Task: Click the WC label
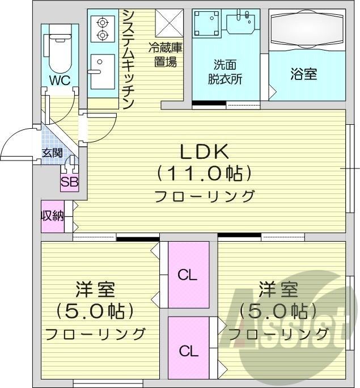[59, 81]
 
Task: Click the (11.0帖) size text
[204, 172]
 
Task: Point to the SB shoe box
[70, 183]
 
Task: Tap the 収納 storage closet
[52, 216]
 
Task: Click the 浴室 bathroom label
[304, 74]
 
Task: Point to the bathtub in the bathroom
[306, 31]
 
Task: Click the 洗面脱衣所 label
[227, 72]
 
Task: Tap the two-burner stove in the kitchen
[103, 29]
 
